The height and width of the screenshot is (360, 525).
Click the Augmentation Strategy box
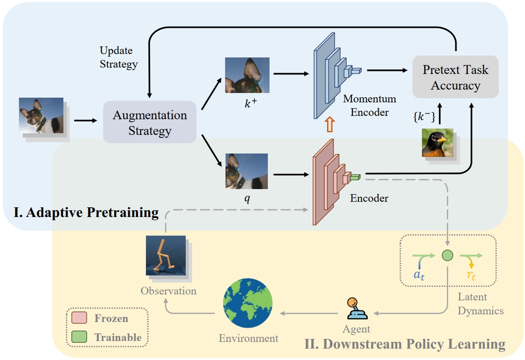pos(150,122)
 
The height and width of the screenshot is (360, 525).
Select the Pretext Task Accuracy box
pos(455,77)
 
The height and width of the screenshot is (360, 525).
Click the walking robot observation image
pos(165,256)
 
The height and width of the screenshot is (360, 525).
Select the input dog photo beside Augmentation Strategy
pos(41,115)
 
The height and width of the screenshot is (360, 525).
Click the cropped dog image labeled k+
pos(247,75)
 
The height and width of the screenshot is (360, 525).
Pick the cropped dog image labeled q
pos(246,171)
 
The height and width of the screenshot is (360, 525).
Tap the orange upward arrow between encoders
pos(329,124)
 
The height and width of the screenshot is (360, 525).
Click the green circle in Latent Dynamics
pos(447,256)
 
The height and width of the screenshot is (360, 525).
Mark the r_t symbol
pos(473,275)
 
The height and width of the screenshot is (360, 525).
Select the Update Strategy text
pos(118,57)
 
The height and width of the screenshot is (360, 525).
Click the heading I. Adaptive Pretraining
pos(86,212)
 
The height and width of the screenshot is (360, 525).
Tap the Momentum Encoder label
pos(369,105)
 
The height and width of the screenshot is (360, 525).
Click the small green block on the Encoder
pos(355,177)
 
